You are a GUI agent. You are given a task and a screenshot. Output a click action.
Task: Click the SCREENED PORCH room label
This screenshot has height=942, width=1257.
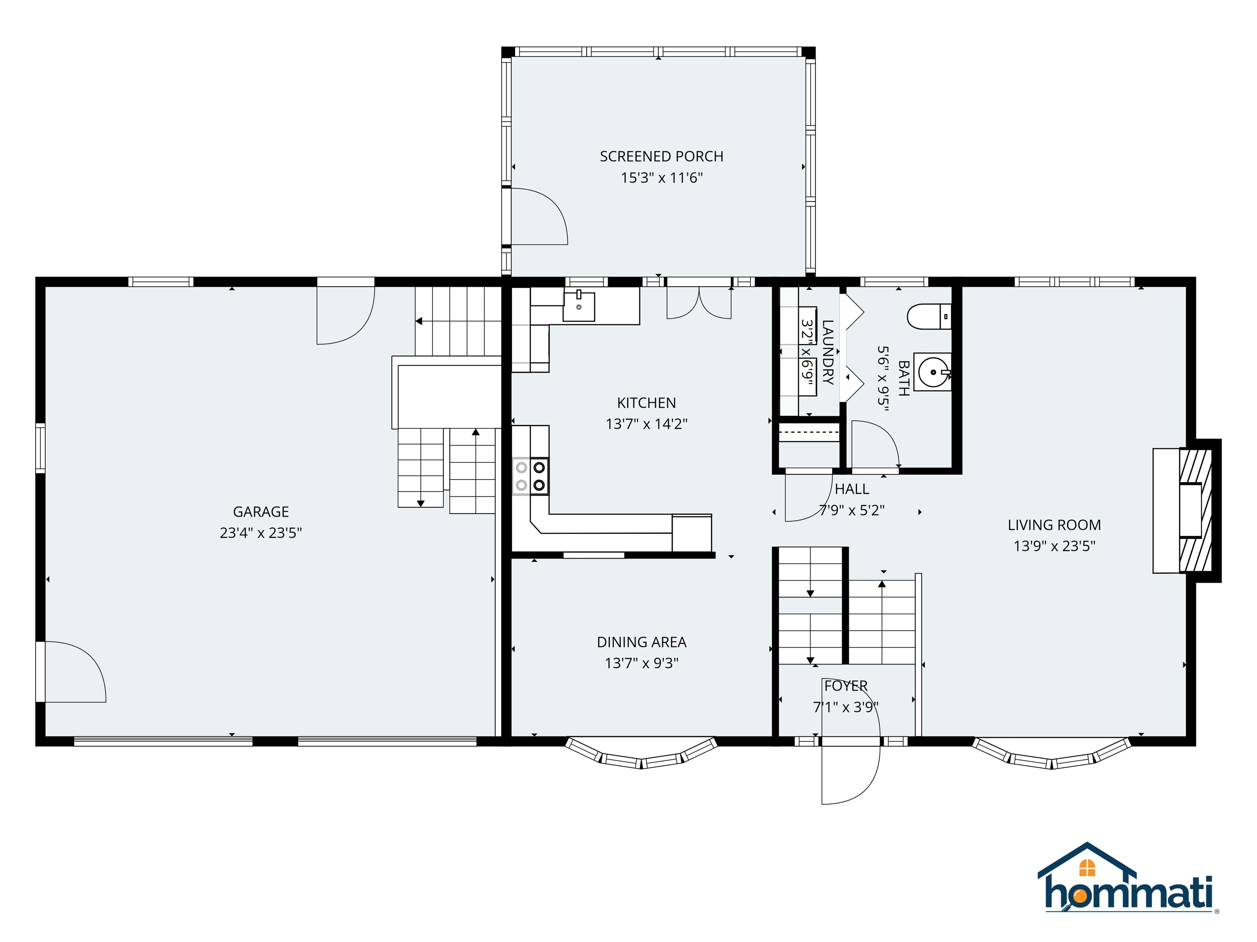(662, 156)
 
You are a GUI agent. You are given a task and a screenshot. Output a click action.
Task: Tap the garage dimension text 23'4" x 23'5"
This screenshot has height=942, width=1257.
(261, 533)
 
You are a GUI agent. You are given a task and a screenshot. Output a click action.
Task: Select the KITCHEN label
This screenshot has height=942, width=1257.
(646, 403)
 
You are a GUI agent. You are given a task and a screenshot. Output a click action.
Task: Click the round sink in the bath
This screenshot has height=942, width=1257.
(932, 372)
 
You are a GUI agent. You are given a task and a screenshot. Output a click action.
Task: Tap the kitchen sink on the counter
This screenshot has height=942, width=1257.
(579, 307)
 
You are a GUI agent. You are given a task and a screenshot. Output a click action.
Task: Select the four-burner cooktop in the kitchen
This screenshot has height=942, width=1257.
(531, 476)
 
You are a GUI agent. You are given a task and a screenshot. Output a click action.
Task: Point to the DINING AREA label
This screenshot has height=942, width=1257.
(642, 642)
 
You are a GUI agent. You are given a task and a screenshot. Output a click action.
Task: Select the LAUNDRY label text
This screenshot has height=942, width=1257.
(827, 352)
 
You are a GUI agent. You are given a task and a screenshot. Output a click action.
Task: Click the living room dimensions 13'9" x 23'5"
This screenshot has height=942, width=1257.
(1054, 546)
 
